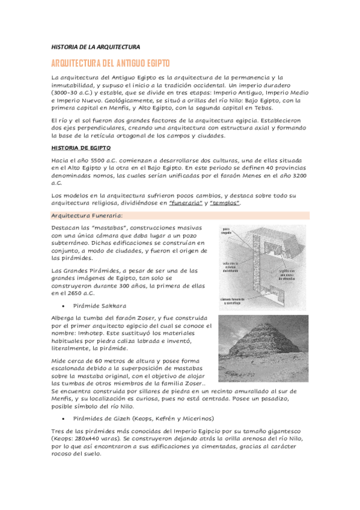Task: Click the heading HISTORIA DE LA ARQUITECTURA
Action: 95,46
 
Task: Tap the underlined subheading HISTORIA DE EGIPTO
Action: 81,147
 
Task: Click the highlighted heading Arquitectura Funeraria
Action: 87,215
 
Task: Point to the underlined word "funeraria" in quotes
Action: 185,203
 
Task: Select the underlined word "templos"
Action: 225,203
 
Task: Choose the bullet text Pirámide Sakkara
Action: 99,306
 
